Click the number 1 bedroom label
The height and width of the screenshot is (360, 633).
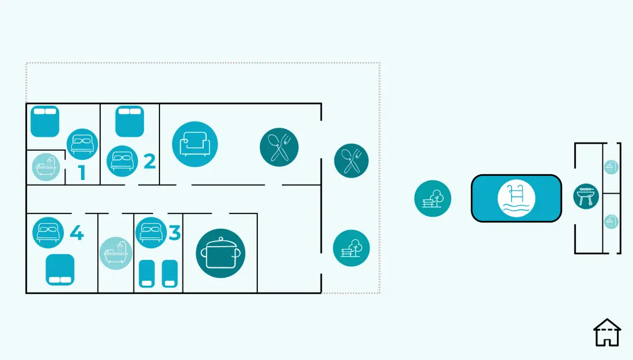pos(82,173)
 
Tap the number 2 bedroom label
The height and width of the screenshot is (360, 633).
pos(150,162)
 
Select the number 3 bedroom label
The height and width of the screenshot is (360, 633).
pos(174,233)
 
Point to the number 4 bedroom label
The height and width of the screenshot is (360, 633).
pos(77,233)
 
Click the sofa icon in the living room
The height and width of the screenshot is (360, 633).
pos(195,144)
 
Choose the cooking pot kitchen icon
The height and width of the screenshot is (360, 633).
pos(220,254)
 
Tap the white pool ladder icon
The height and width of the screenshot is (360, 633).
pos(516,198)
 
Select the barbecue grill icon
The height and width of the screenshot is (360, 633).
pos(586,196)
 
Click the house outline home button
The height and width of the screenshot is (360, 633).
pos(607,332)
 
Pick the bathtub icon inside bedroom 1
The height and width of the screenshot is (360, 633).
pos(46,167)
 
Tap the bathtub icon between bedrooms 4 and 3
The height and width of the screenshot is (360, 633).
pos(116,253)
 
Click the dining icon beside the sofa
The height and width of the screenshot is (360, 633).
pos(279,147)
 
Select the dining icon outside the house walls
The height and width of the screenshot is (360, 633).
pos(351,160)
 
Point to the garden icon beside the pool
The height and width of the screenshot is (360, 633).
pos(433,198)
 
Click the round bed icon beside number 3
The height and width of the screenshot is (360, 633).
pos(151,233)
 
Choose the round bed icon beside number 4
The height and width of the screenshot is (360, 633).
pos(48,233)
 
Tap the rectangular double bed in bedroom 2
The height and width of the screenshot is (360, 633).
pos(129,121)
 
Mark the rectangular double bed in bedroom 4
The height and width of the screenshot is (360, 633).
pos(60,270)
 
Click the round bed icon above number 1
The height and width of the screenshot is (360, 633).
pos(82,144)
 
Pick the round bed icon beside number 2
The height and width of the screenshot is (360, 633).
pos(123,161)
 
